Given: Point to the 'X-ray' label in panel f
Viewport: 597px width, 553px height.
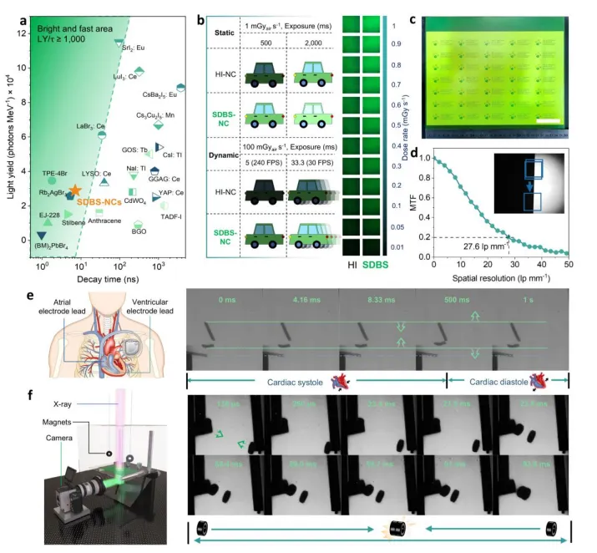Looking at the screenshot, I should (x=57, y=405).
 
